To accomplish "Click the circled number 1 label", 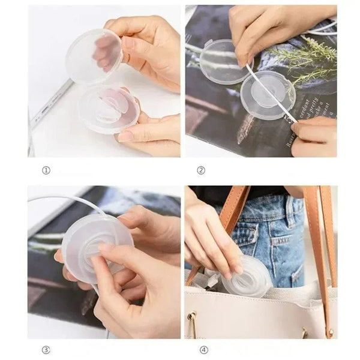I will click(46, 170).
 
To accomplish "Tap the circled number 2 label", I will click(201, 170).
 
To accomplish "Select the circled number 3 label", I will click(46, 350).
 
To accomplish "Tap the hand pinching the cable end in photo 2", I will click(315, 135).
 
